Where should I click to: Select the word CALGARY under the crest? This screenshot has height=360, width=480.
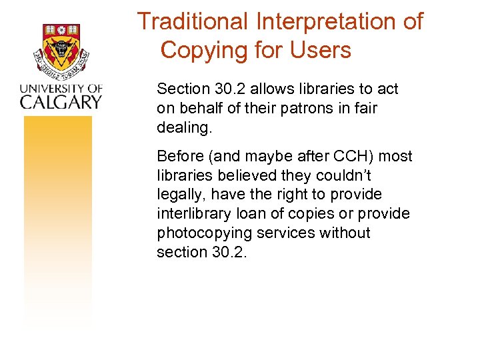point(61,101)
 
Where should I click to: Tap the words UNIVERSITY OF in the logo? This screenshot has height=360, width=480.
point(61,88)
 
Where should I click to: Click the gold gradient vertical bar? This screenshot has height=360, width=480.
point(58,220)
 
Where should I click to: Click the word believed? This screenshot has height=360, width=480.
point(233,175)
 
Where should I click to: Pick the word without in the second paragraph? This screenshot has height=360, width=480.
point(347,233)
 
